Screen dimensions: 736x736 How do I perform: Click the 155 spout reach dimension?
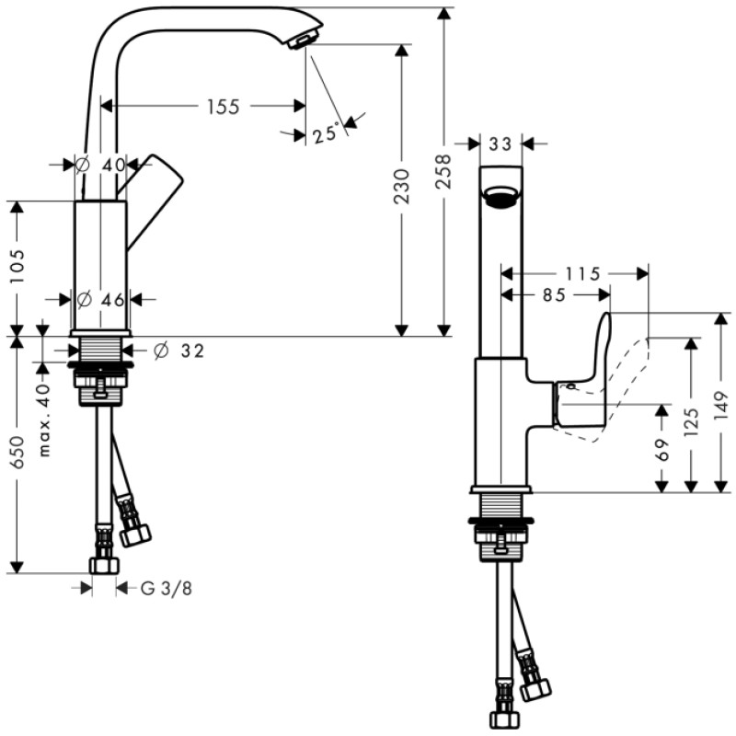[223, 107]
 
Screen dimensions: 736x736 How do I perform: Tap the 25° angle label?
[325, 134]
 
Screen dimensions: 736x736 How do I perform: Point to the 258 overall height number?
[444, 171]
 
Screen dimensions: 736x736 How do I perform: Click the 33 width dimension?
[500, 144]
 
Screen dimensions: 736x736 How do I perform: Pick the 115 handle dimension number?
[583, 273]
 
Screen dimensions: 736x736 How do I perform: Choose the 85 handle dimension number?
[555, 295]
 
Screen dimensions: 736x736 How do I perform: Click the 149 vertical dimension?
[720, 401]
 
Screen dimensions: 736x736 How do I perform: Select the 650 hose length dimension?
[17, 454]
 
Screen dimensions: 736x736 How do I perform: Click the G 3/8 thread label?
[167, 587]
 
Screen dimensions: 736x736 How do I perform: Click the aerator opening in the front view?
[500, 197]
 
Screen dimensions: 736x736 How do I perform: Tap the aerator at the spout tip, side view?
[302, 40]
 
